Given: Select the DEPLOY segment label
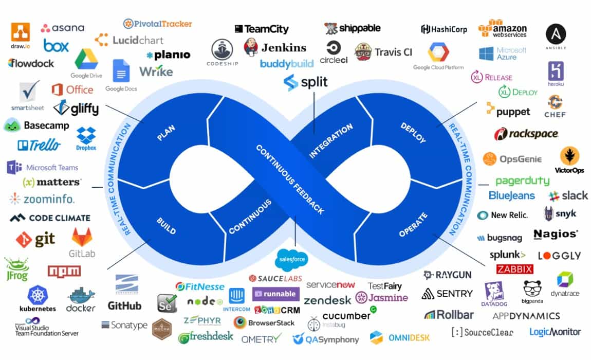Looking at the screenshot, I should [x=413, y=133].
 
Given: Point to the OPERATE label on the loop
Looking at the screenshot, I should [x=413, y=225].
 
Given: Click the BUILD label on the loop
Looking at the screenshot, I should [x=165, y=225].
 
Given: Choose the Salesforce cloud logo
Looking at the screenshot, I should [x=292, y=259].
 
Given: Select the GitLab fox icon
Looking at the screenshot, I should [x=82, y=237].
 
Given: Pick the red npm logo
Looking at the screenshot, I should [x=64, y=271].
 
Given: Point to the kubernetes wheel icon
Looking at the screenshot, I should [x=38, y=295].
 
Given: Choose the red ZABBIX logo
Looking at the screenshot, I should [x=514, y=269].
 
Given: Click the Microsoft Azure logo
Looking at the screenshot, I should [x=502, y=53].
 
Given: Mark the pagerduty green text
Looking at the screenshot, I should [x=522, y=181].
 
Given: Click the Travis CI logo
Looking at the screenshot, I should [x=383, y=52].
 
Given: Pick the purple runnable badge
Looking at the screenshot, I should [x=275, y=294].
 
